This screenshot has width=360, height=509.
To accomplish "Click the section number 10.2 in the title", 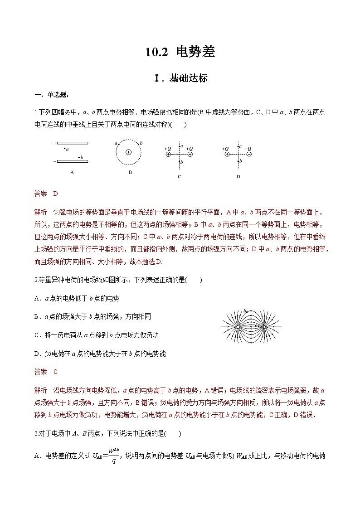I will point(156,53).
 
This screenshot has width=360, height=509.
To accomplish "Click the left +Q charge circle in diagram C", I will point(168,155).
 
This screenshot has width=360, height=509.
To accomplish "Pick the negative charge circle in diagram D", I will point(248,155).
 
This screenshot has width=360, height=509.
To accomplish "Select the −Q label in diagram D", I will point(248,148).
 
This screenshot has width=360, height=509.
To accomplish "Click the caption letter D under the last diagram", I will point(238,176).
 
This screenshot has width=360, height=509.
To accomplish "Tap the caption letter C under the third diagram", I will point(180,176).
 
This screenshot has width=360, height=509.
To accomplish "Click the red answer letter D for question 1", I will point(56,194).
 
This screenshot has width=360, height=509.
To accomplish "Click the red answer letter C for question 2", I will point(55,372).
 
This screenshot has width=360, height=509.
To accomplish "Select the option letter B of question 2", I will point(37,316).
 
